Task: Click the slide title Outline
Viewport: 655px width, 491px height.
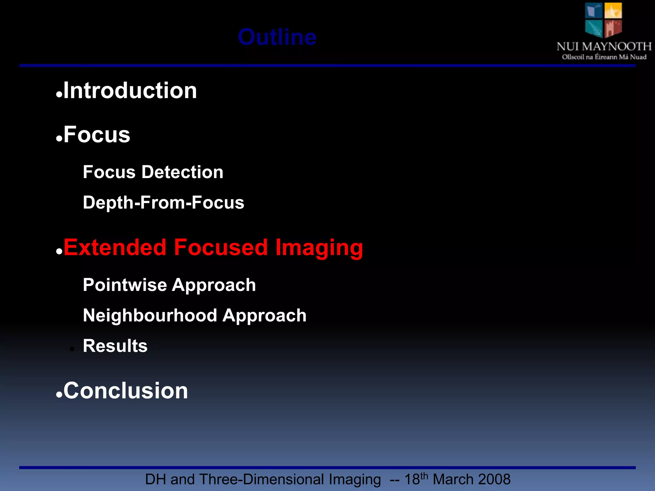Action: (x=277, y=37)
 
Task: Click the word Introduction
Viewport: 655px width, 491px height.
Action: (x=130, y=90)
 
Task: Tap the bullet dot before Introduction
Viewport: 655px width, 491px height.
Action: (x=59, y=95)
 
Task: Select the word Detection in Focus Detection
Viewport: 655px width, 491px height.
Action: (x=182, y=172)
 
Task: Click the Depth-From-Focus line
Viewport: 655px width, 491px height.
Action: (x=163, y=202)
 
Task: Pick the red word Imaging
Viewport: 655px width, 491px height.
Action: (x=319, y=248)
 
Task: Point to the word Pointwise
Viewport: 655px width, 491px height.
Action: (x=124, y=285)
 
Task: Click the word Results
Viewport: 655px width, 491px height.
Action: (x=115, y=346)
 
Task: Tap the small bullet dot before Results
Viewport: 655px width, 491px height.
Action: (x=72, y=349)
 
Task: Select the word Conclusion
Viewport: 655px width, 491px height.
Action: (x=126, y=391)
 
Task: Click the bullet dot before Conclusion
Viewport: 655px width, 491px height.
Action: (x=59, y=395)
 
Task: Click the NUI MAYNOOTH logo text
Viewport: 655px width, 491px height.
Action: (x=604, y=47)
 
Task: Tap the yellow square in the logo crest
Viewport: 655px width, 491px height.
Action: (x=613, y=11)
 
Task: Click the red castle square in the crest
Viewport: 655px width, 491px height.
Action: (x=613, y=28)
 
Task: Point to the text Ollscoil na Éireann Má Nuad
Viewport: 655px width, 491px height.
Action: (x=604, y=57)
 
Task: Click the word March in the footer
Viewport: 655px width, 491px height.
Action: (x=453, y=479)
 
